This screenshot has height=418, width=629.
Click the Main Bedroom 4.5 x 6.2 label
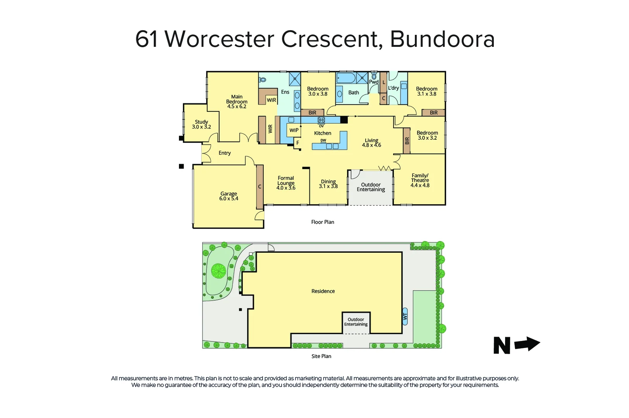click(237, 102)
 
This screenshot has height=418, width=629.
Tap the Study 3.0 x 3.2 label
click(201, 124)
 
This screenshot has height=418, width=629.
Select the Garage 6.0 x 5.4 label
click(229, 196)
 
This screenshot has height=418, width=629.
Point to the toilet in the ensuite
click(263, 80)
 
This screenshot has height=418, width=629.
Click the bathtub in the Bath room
click(346, 78)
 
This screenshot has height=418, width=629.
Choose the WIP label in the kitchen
click(294, 130)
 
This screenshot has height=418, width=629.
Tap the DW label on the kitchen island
click(323, 140)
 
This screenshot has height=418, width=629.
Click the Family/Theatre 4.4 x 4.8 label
click(420, 180)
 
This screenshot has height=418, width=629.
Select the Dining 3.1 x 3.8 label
click(328, 184)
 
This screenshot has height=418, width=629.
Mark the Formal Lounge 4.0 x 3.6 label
click(286, 183)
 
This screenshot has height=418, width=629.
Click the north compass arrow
click(527, 344)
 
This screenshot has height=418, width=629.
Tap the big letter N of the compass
click(502, 345)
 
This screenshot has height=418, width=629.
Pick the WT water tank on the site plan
click(405, 316)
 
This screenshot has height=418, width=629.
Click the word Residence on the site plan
click(323, 291)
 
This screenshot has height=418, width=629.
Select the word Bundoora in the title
click(442, 39)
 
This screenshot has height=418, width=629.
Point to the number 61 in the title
click(147, 39)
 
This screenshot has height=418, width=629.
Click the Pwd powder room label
click(373, 82)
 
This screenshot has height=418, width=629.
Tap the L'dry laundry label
click(394, 88)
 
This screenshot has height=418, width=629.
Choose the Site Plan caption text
click(321, 356)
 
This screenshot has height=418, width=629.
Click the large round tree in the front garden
click(219, 271)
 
